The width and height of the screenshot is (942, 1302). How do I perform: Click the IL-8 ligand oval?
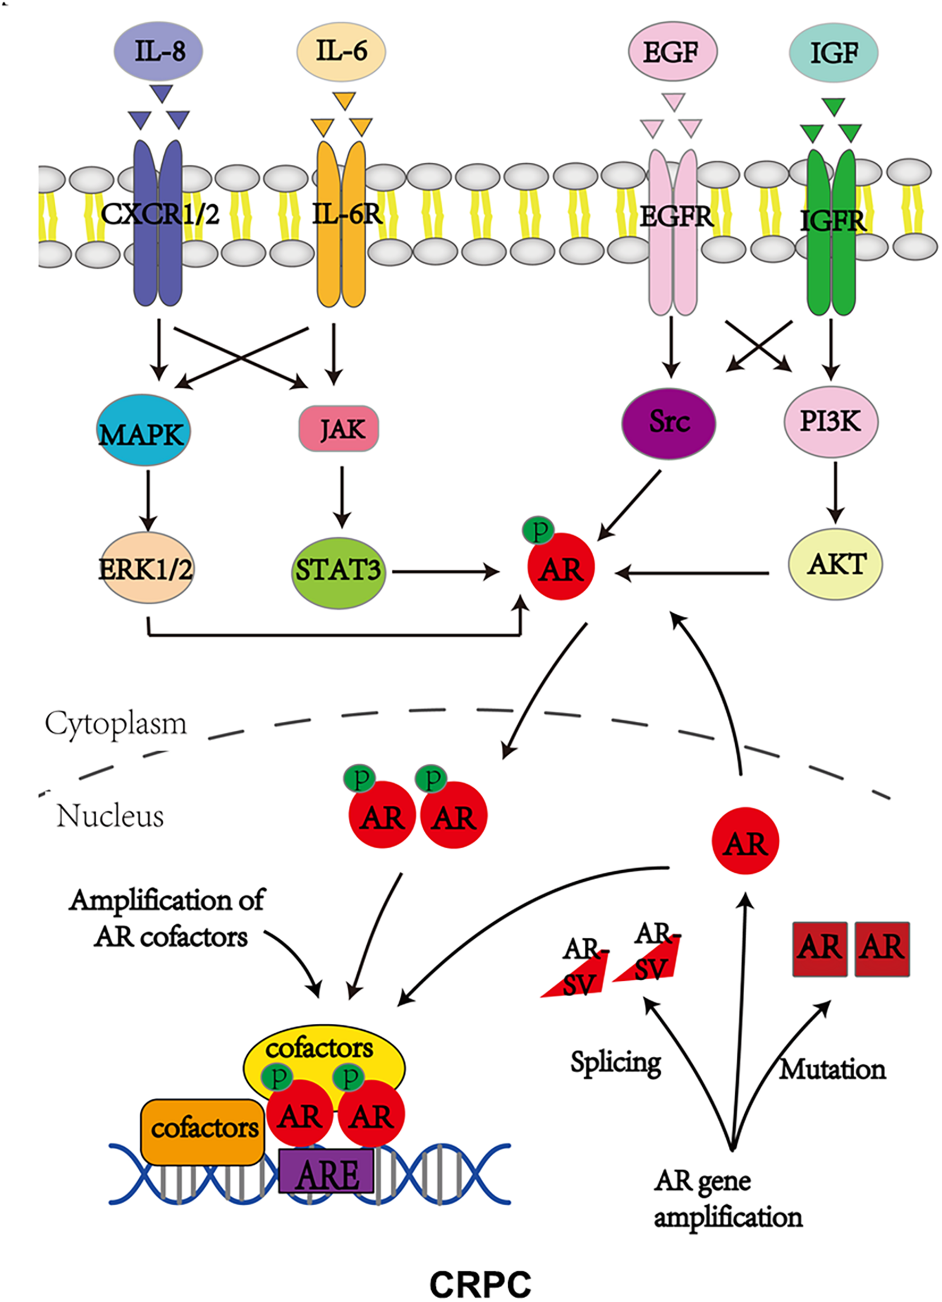(x=159, y=52)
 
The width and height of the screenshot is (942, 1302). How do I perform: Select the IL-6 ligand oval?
(x=341, y=52)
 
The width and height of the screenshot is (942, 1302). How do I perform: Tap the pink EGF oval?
(x=672, y=53)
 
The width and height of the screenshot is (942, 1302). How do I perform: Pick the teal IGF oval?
(x=834, y=53)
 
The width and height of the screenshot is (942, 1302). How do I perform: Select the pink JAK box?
(x=339, y=429)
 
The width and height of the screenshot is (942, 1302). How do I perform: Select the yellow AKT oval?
(x=835, y=564)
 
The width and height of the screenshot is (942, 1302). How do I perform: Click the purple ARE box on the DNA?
(x=326, y=1171)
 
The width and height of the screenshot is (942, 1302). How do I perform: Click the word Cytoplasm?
(x=116, y=724)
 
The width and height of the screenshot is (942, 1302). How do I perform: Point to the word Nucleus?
(x=110, y=816)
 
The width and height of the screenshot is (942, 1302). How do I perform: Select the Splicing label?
(x=616, y=1063)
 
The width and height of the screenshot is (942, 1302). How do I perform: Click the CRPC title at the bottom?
(x=480, y=1283)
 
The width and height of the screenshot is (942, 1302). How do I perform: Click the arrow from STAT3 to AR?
(x=444, y=572)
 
